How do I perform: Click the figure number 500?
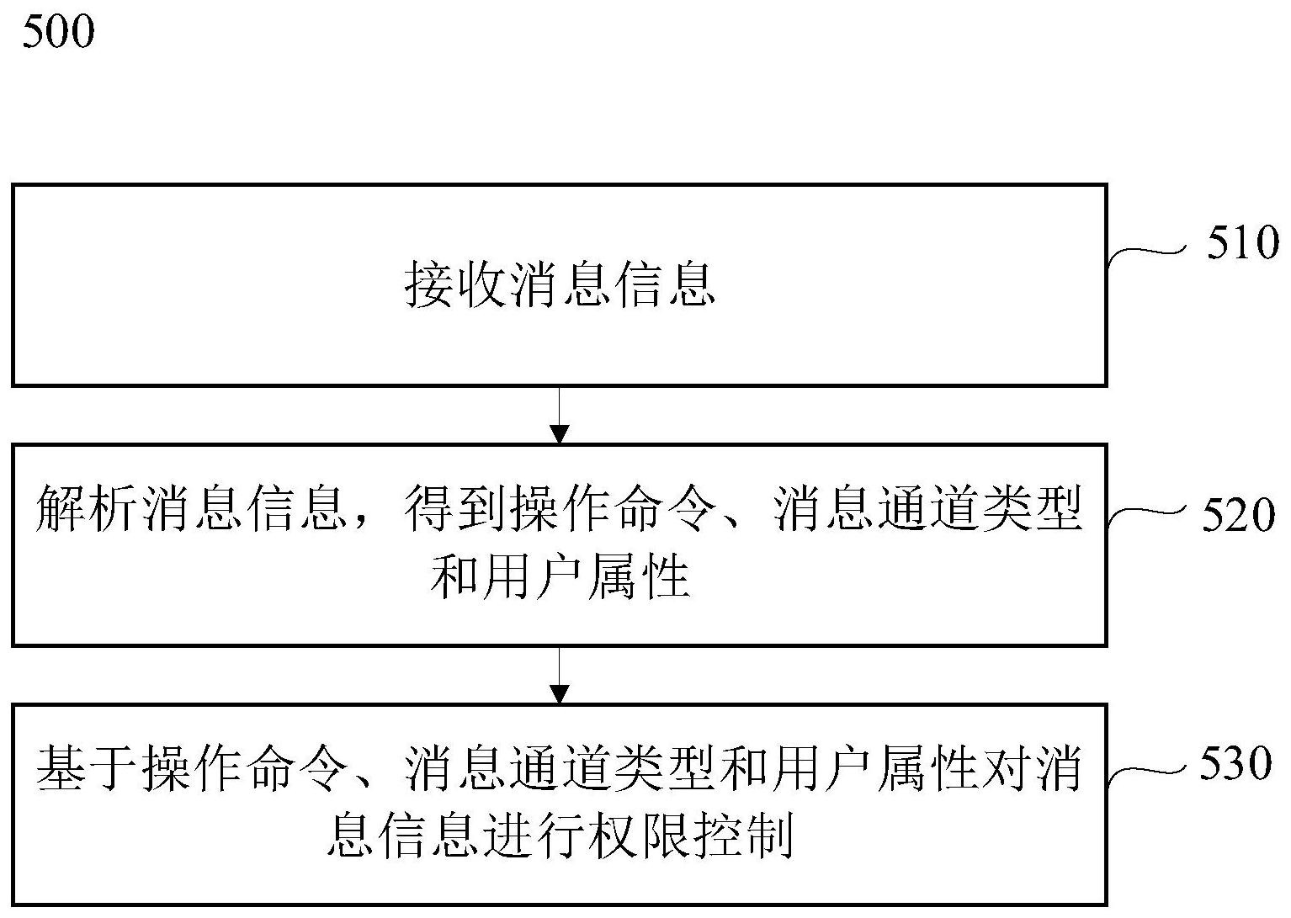[x=58, y=32]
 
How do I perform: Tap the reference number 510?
[x=1243, y=242]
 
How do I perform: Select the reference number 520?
[x=1238, y=515]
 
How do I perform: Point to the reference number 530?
[x=1235, y=763]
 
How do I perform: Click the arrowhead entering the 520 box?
[x=559, y=434]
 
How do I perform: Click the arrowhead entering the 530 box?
[x=559, y=694]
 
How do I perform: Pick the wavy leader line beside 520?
[x=1147, y=516]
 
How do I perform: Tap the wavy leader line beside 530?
[x=1147, y=775]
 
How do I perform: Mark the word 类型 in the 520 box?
[x=1033, y=508]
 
